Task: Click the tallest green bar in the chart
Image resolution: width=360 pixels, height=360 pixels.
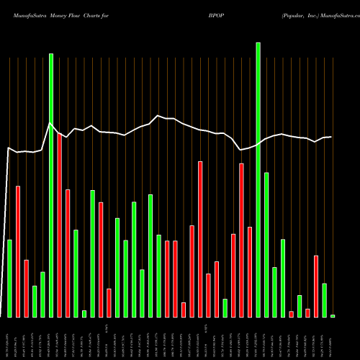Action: coord(258,180)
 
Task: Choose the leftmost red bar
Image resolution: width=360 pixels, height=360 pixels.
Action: coord(18,251)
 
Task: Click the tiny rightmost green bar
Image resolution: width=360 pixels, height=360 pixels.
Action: coord(333,315)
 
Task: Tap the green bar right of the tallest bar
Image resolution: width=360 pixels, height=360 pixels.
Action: coord(266,245)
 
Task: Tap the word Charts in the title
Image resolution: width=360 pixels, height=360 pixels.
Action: coord(102,13)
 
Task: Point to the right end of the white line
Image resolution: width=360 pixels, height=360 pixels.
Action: coord(331,137)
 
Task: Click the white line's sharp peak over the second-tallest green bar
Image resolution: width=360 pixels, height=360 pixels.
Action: coord(50,125)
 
